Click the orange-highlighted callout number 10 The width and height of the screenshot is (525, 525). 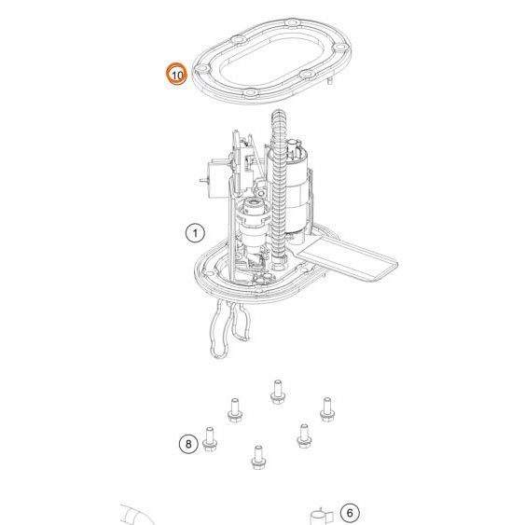pyautogui.click(x=177, y=74)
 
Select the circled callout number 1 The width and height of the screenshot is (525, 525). pyautogui.click(x=195, y=233)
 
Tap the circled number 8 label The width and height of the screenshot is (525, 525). pyautogui.click(x=188, y=444)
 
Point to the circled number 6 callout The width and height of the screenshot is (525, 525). pyautogui.click(x=350, y=513)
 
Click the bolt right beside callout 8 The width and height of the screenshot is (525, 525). pyautogui.click(x=210, y=439)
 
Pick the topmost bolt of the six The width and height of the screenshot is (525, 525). pyautogui.click(x=278, y=392)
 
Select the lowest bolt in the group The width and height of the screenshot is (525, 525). pyautogui.click(x=258, y=457)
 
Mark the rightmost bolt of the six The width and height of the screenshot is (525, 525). pyautogui.click(x=327, y=409)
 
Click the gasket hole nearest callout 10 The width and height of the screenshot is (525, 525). pyautogui.click(x=202, y=69)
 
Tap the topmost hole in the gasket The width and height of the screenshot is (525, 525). pyautogui.click(x=292, y=22)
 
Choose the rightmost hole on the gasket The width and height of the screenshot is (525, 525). pyautogui.click(x=339, y=48)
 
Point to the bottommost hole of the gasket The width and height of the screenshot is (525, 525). pyautogui.click(x=250, y=92)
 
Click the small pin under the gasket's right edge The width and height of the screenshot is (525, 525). pyautogui.click(x=330, y=81)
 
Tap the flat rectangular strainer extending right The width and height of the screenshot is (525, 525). pyautogui.click(x=347, y=257)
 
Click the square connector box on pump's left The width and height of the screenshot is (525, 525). pyautogui.click(x=219, y=179)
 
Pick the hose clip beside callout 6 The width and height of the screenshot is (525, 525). pyautogui.click(x=321, y=517)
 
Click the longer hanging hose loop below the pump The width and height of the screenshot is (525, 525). pyautogui.click(x=219, y=329)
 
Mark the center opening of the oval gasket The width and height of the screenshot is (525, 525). pyautogui.click(x=272, y=61)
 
